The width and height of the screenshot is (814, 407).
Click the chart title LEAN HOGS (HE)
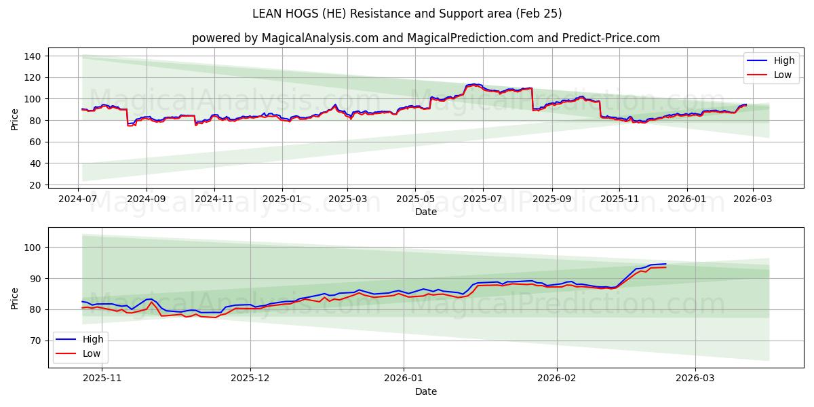tap(407, 14)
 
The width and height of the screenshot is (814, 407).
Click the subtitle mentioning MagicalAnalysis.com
tap(425, 38)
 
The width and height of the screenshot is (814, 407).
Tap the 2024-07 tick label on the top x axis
tap(78, 199)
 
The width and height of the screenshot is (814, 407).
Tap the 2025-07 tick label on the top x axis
tap(483, 199)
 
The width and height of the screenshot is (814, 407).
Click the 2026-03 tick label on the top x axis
tap(752, 199)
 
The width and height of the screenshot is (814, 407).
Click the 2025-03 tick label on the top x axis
tap(347, 199)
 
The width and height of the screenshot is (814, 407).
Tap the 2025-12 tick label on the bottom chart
tap(250, 377)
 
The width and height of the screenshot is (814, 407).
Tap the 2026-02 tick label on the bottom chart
tap(556, 377)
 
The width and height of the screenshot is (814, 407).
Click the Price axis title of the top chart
tap(15, 119)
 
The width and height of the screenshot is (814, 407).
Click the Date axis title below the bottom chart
tap(425, 391)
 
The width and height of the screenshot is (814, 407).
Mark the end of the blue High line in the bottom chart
tap(665, 264)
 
